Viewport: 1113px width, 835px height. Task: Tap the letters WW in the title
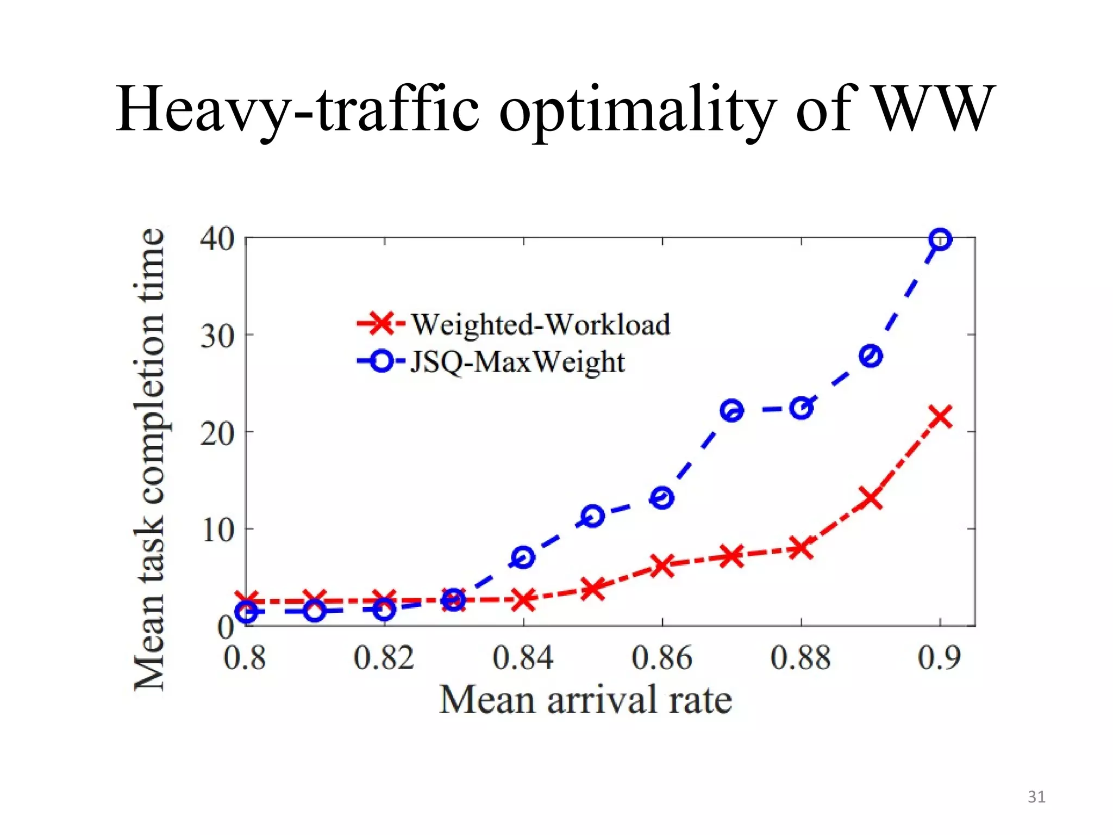(935, 109)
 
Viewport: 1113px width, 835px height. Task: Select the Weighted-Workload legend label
(540, 325)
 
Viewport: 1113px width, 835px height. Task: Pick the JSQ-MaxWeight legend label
(517, 362)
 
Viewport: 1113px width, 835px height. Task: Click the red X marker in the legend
(382, 323)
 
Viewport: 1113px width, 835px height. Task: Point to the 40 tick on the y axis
(217, 239)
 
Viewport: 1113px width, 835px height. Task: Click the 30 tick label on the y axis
(217, 337)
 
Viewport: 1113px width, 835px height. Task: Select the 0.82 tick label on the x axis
(384, 658)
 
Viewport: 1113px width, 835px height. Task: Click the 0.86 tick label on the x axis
(661, 658)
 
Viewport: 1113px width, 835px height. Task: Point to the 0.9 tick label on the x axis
(939, 658)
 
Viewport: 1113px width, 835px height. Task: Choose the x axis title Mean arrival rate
(585, 700)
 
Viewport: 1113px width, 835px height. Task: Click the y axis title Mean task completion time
(149, 459)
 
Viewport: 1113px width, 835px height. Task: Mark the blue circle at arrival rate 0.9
(940, 239)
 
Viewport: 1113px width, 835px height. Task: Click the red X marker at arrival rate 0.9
(940, 417)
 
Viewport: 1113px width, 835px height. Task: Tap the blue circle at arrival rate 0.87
(731, 410)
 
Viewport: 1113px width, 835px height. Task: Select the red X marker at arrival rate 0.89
(871, 498)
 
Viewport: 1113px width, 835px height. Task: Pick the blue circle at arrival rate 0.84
(523, 557)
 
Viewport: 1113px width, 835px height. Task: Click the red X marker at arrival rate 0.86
(662, 566)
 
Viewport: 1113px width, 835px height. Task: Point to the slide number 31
(1036, 797)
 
